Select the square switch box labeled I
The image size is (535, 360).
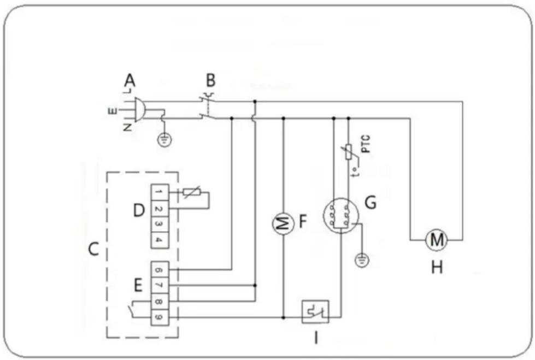[x=315, y=312]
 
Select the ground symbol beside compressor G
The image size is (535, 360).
[x=360, y=260]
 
